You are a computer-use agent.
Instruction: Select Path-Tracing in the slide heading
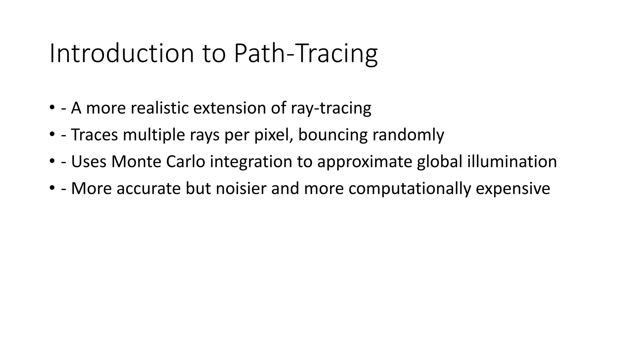pyautogui.click(x=306, y=53)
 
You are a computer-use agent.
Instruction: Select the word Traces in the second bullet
pyautogui.click(x=95, y=135)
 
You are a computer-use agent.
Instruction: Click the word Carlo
pyautogui.click(x=186, y=162)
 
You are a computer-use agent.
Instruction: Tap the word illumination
pyautogui.click(x=512, y=162)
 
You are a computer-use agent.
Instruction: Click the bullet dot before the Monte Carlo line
pyautogui.click(x=52, y=162)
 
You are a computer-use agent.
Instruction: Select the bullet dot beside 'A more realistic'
pyautogui.click(x=52, y=108)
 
